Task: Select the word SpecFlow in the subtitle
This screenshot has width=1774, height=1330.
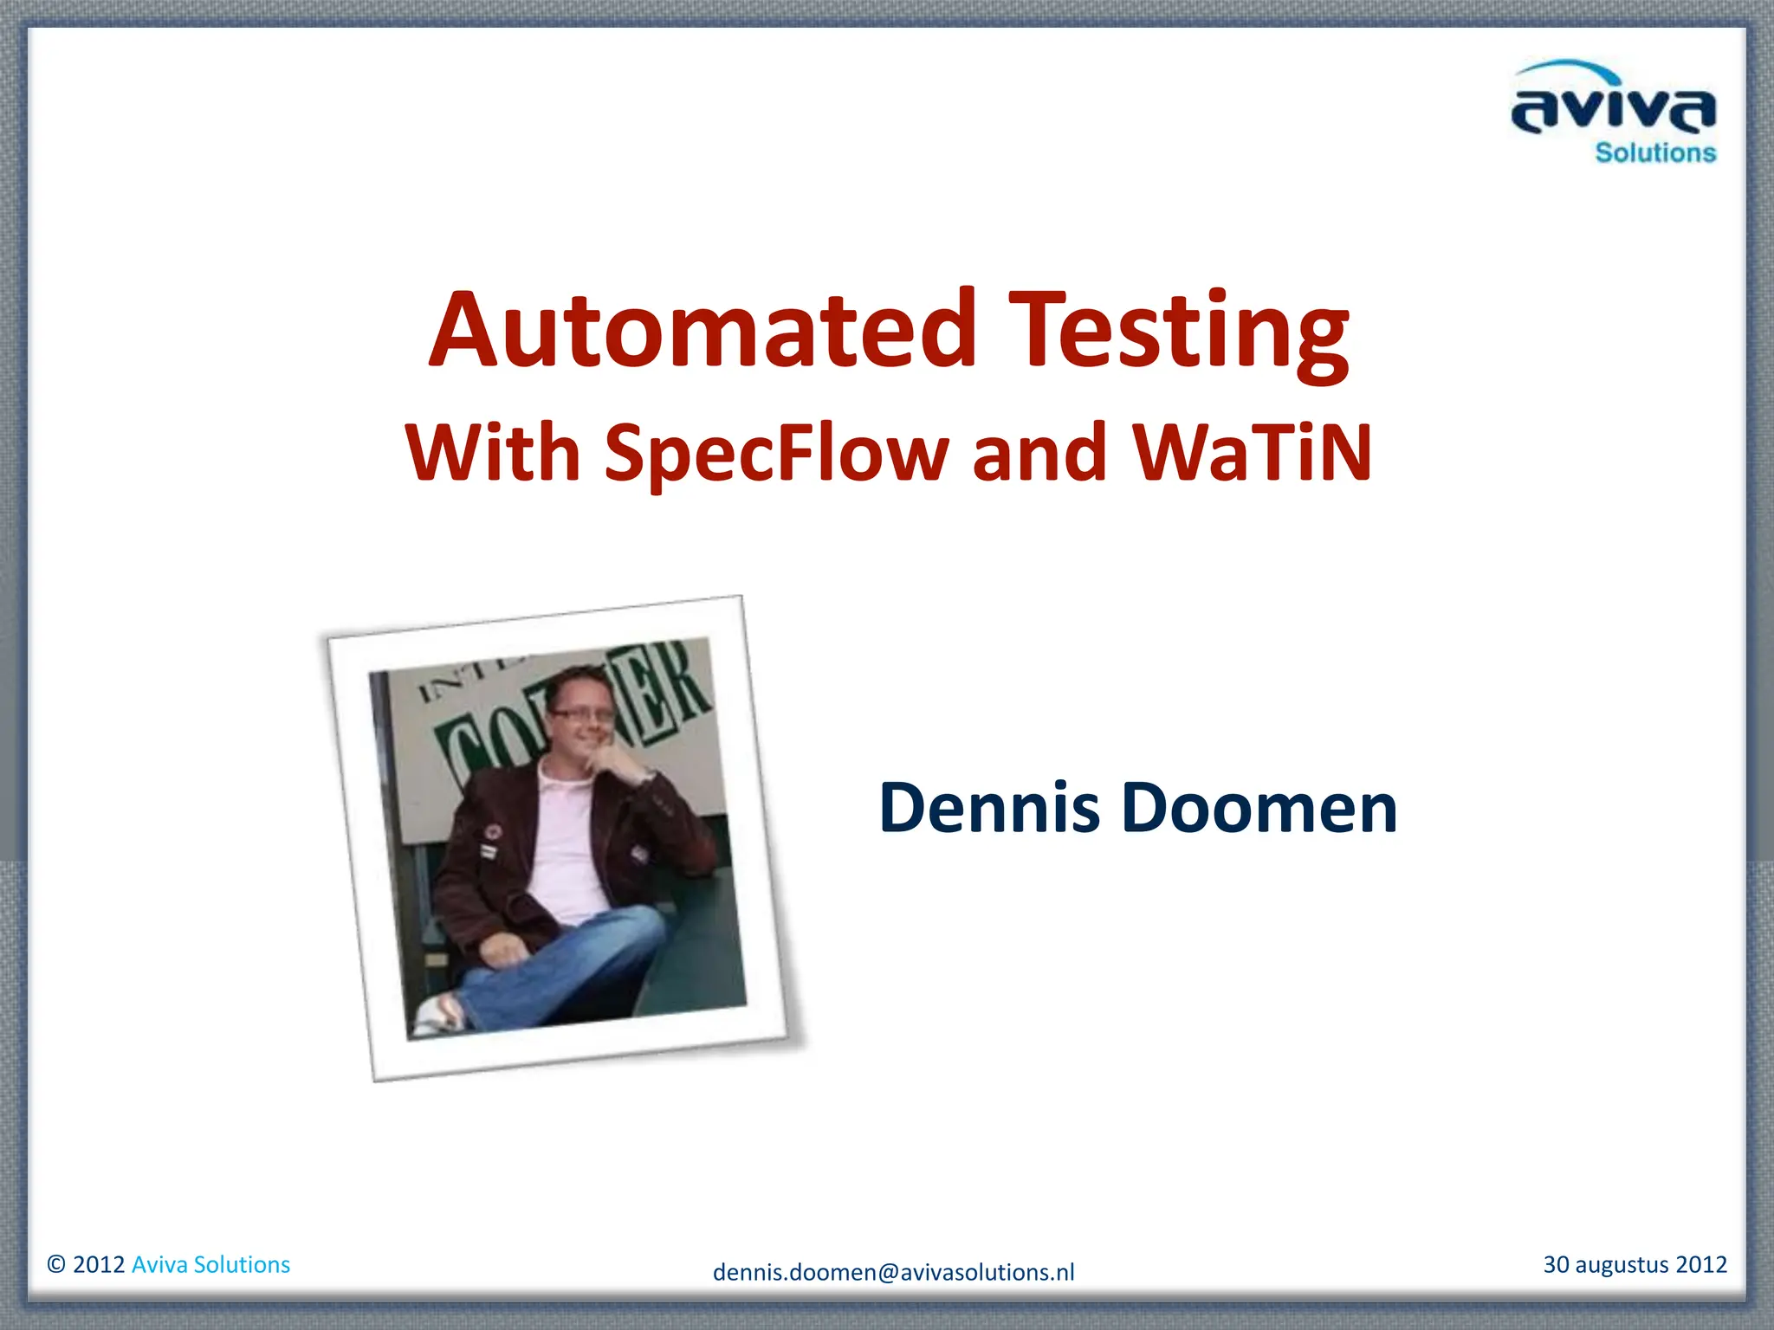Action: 776,454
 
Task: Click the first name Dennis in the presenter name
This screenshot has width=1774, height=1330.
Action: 989,808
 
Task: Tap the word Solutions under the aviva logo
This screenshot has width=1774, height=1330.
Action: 1655,153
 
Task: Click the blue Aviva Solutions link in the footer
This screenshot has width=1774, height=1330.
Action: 210,1265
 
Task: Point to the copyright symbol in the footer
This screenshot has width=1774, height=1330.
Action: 56,1265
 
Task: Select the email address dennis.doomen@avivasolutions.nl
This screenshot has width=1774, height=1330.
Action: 893,1272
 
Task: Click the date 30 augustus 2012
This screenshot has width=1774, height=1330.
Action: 1635,1264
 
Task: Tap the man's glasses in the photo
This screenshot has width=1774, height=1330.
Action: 582,714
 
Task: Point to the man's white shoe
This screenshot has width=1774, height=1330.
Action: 436,1015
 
